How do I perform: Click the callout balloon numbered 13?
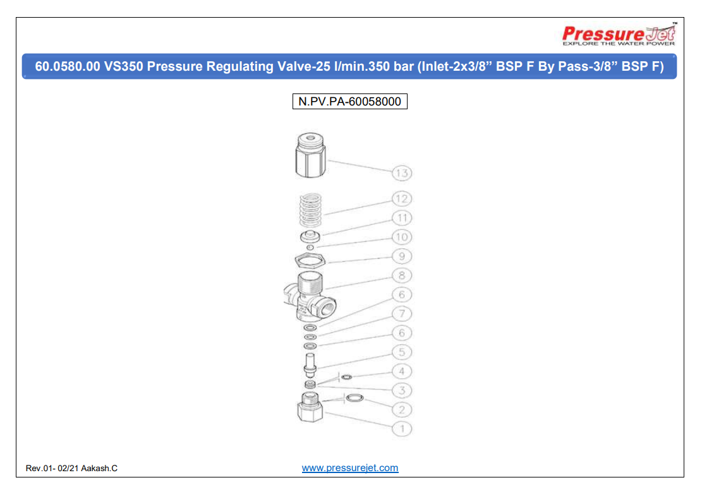(402, 173)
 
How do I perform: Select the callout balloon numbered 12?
(402, 198)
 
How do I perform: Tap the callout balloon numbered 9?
(402, 256)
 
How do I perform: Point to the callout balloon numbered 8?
(402, 275)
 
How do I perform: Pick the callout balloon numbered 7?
(402, 314)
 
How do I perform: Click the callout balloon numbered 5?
(402, 352)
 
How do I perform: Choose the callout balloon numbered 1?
(402, 429)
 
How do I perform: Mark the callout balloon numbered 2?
(402, 409)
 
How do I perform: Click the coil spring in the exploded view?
(310, 210)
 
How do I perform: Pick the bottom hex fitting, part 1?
(310, 409)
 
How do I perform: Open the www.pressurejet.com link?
(350, 468)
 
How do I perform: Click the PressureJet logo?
(619, 35)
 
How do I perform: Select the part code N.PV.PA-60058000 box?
(349, 101)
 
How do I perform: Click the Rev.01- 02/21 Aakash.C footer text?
(71, 469)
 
